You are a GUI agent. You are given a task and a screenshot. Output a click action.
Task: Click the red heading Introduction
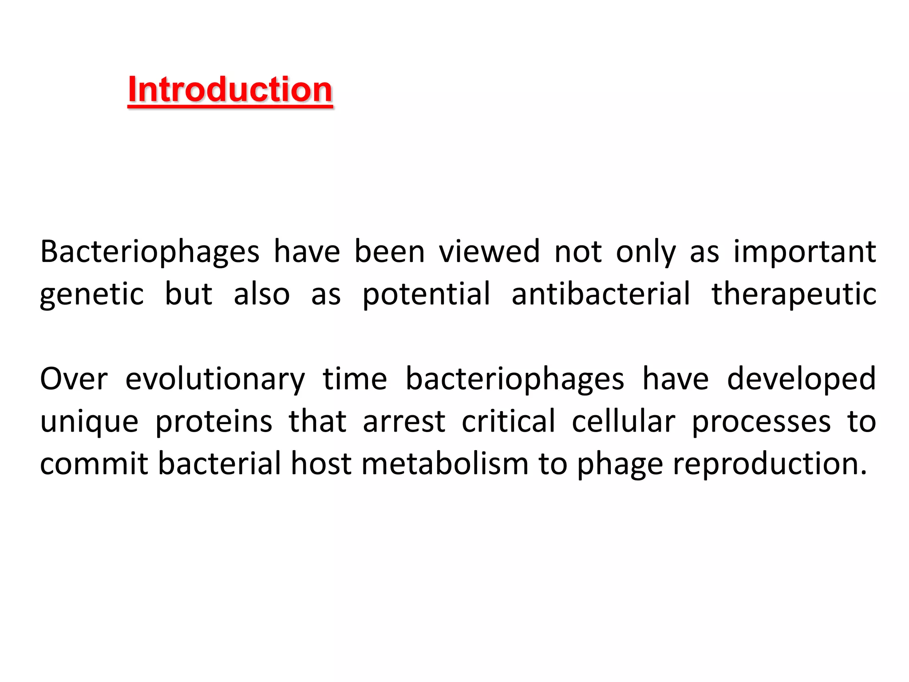pyautogui.click(x=230, y=90)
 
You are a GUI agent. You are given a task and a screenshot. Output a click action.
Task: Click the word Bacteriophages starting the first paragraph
pyautogui.click(x=150, y=252)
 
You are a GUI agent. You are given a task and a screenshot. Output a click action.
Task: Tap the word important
pyautogui.click(x=804, y=252)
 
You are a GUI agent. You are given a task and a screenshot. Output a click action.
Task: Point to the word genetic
pyautogui.click(x=92, y=294)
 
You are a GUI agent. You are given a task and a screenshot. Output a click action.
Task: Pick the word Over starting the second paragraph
pyautogui.click(x=74, y=379)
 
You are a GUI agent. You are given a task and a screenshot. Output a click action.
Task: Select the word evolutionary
pyautogui.click(x=215, y=380)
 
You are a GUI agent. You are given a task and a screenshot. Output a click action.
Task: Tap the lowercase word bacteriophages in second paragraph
pyautogui.click(x=515, y=380)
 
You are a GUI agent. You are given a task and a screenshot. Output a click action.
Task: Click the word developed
pyautogui.click(x=801, y=380)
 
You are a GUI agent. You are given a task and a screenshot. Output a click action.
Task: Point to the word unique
pyautogui.click(x=89, y=422)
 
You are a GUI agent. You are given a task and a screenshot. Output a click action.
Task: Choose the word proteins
pyautogui.click(x=214, y=422)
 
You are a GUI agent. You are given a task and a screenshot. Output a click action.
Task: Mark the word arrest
pyautogui.click(x=404, y=421)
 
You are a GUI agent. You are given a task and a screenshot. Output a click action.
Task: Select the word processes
pyautogui.click(x=761, y=422)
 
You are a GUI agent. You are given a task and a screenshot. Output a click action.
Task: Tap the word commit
pyautogui.click(x=94, y=464)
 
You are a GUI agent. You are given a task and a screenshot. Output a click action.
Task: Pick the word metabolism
pyautogui.click(x=445, y=464)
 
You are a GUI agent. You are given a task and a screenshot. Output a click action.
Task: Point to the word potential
pyautogui.click(x=427, y=294)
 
